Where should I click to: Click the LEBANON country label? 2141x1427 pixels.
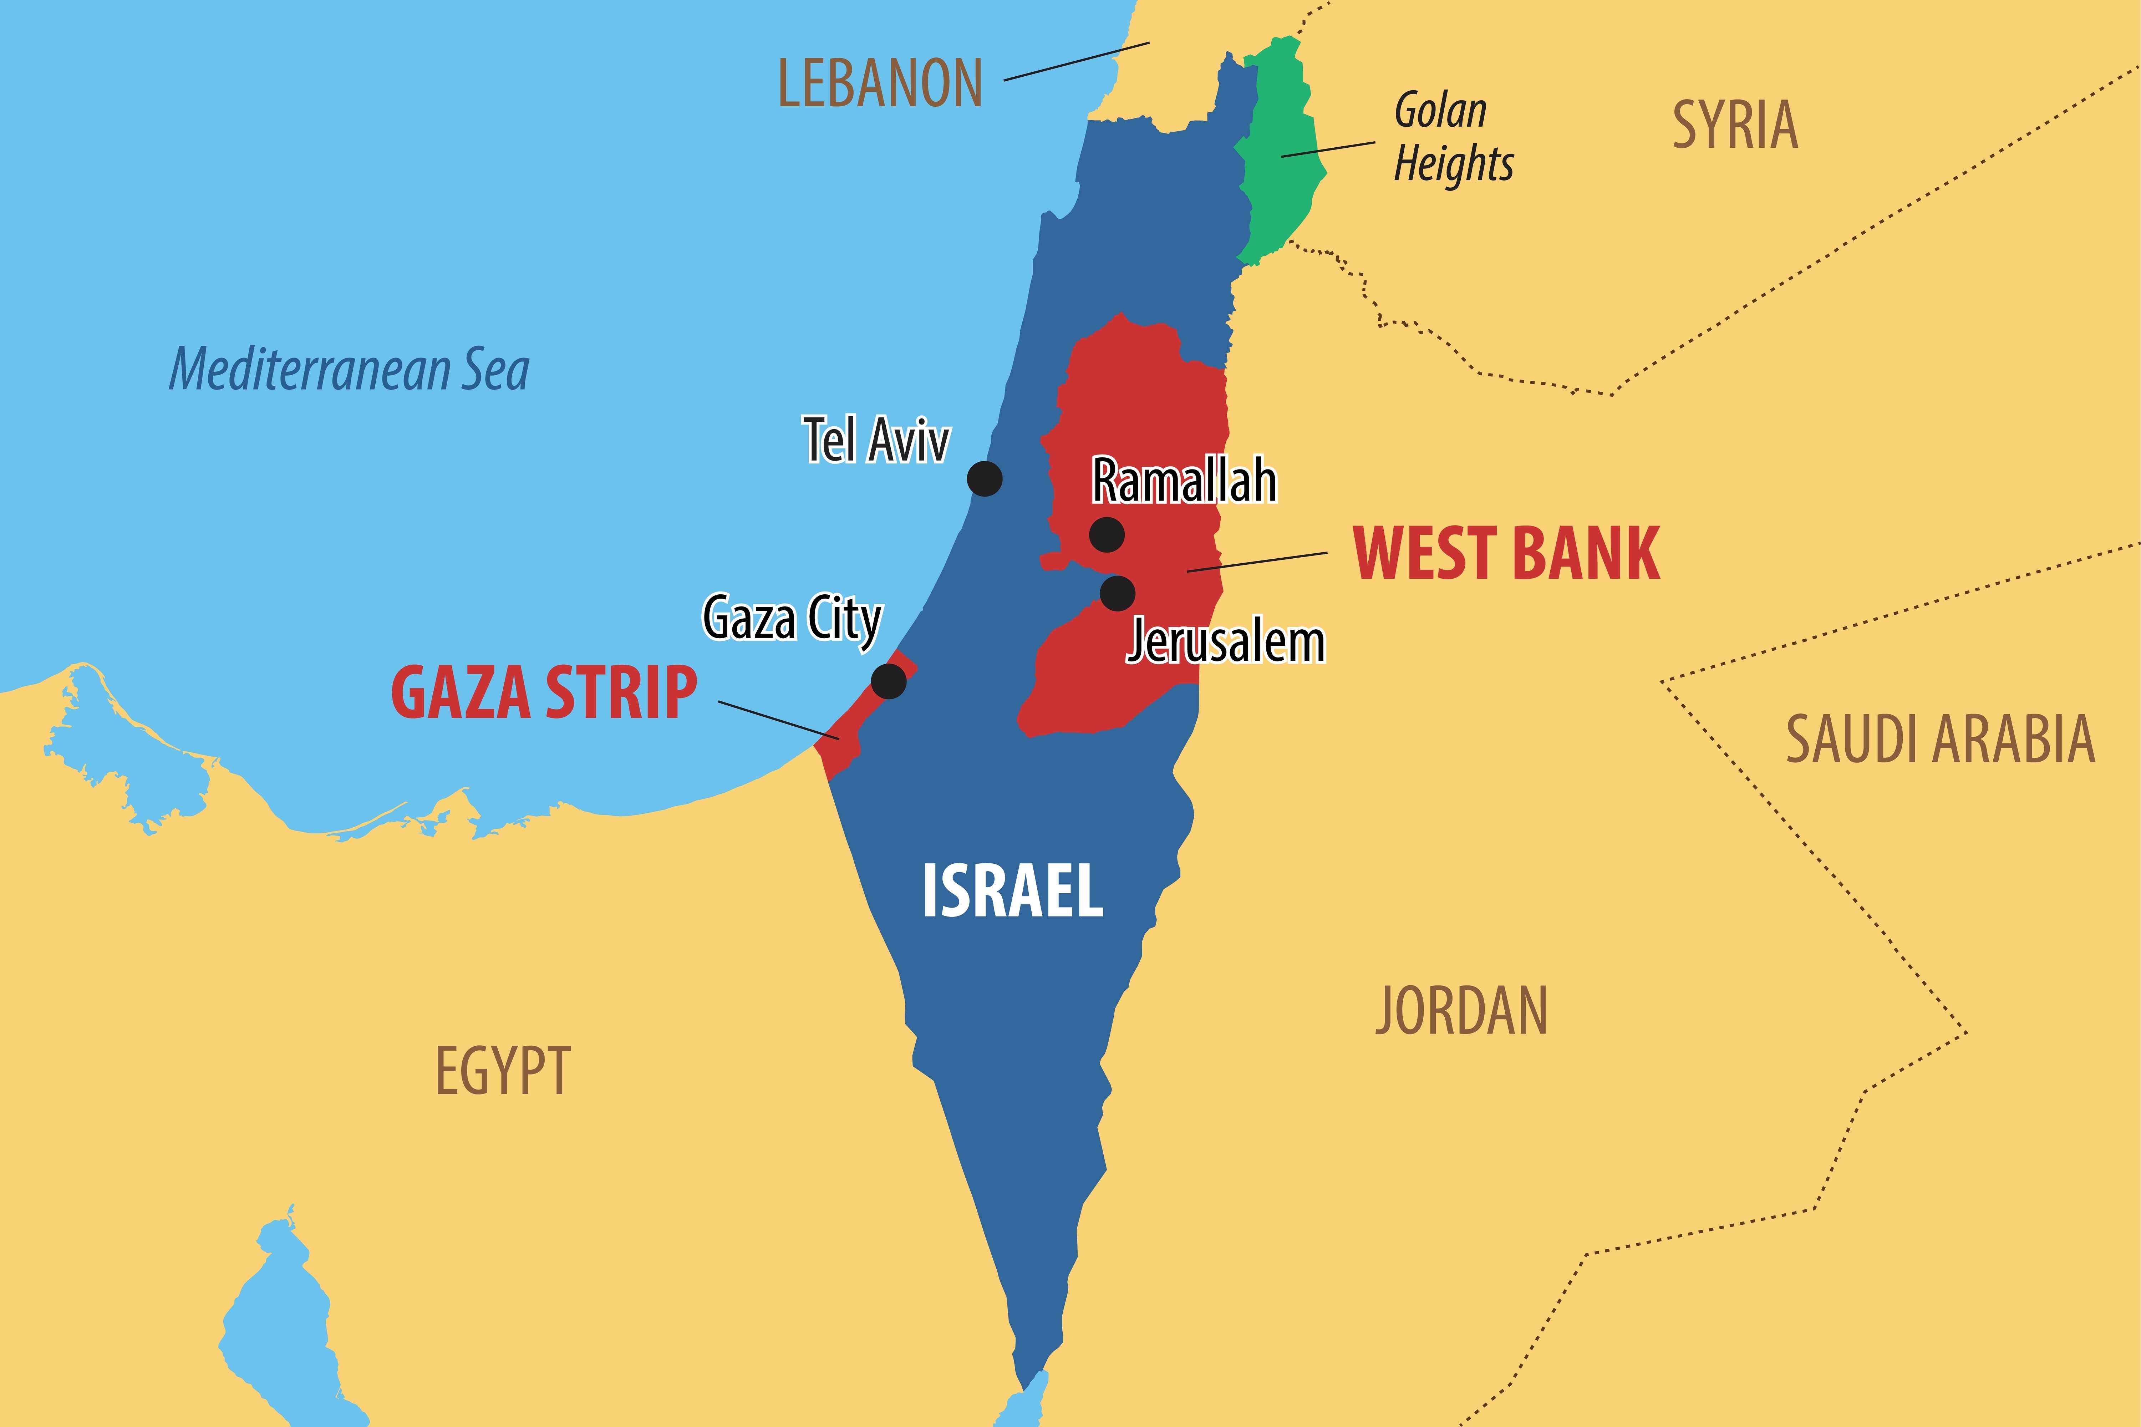pos(880,84)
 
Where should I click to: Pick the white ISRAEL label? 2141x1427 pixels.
pos(1013,891)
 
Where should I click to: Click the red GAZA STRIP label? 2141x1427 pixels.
pos(544,694)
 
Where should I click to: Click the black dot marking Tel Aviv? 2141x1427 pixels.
pos(985,478)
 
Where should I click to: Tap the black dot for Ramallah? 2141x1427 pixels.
pos(1107,534)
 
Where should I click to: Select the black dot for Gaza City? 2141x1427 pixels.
pos(888,681)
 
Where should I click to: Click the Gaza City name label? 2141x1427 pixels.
pos(792,619)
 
